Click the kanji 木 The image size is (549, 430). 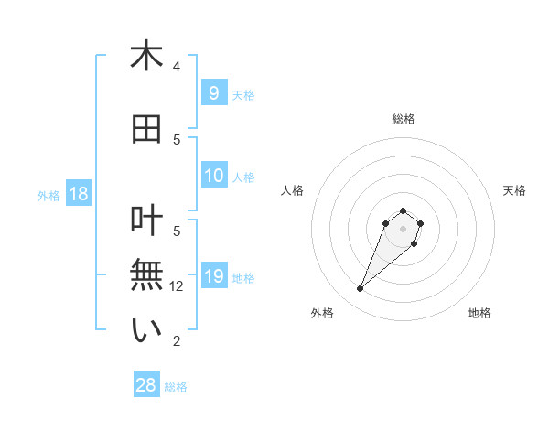[x=146, y=56]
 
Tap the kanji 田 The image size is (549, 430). [x=146, y=130]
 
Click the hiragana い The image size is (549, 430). [x=146, y=330]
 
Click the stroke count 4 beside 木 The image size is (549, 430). [x=177, y=67]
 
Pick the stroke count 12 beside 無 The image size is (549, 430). [x=178, y=286]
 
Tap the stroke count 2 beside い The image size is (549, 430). [x=177, y=341]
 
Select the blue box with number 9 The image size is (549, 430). [x=213, y=92]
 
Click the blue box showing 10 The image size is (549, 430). [x=213, y=176]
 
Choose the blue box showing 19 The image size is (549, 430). [x=213, y=276]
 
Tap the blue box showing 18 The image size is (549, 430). [x=78, y=194]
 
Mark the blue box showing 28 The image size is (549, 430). [x=146, y=385]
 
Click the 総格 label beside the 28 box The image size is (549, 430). [x=177, y=387]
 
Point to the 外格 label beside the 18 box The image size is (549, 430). [x=48, y=196]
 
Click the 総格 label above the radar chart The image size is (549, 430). [x=403, y=119]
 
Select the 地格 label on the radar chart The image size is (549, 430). [x=479, y=313]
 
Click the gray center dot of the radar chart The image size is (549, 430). [x=403, y=229]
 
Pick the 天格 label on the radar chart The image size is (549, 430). [x=514, y=190]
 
